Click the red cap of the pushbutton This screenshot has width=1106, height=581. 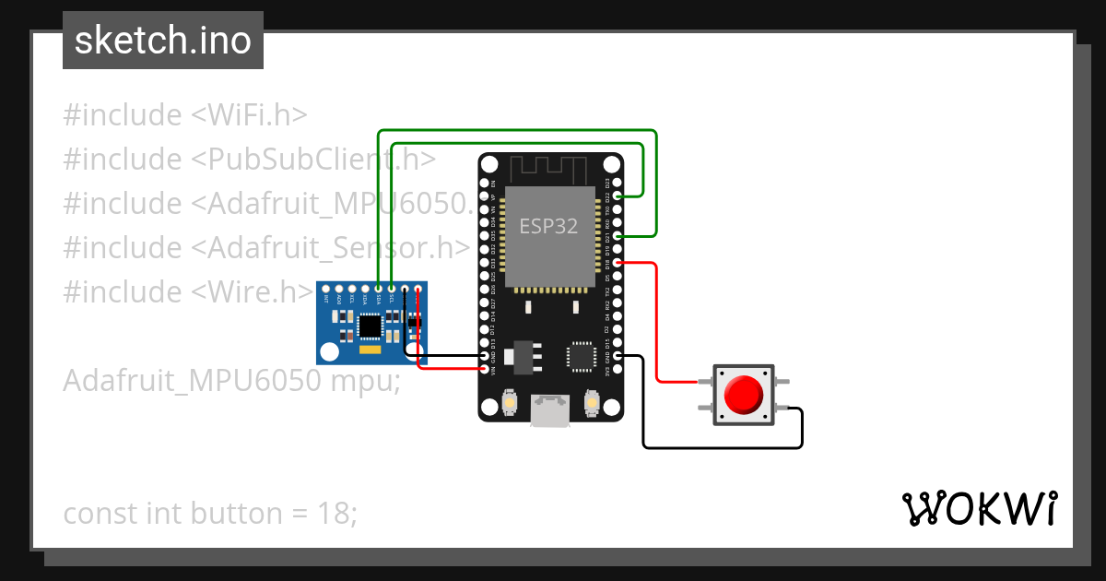(743, 395)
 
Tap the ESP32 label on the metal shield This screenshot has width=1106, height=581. (548, 226)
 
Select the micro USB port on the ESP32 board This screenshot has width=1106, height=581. (550, 410)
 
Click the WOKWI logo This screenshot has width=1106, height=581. (979, 508)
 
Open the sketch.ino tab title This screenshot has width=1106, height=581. (163, 41)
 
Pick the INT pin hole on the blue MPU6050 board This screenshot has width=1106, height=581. (326, 289)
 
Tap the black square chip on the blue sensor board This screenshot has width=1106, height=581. (371, 326)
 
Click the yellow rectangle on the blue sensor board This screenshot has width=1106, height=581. (370, 350)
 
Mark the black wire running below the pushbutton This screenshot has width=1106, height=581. (719, 448)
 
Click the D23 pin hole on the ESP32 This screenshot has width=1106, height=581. (618, 184)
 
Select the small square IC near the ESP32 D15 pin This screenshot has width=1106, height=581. (582, 356)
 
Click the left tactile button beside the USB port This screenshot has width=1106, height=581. (509, 403)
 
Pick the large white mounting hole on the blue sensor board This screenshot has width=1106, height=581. (329, 350)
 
